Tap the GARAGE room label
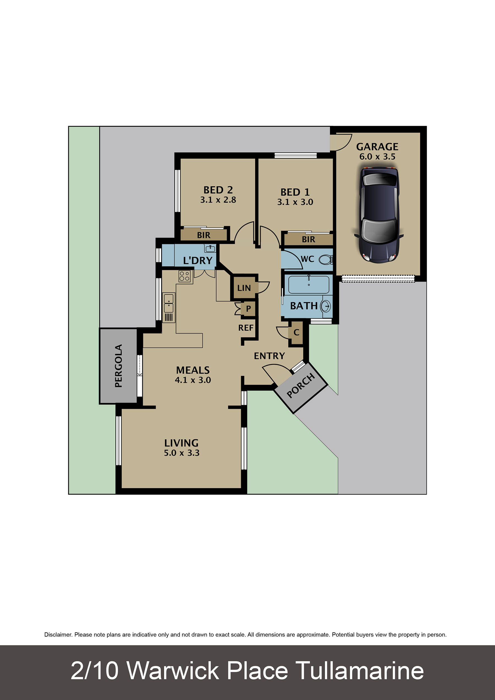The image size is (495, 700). pyautogui.click(x=377, y=147)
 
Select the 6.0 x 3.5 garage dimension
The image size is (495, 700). pyautogui.click(x=377, y=157)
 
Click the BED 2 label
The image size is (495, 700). pyautogui.click(x=218, y=190)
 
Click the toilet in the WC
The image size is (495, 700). pyautogui.click(x=326, y=260)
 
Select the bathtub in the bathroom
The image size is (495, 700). pyautogui.click(x=309, y=285)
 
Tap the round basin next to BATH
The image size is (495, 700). pyautogui.click(x=326, y=306)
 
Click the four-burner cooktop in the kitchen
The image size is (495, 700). pyautogui.click(x=185, y=276)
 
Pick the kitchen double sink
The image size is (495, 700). pyautogui.click(x=169, y=303)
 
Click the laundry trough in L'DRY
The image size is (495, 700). pyautogui.click(x=210, y=249)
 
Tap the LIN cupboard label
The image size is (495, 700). pyautogui.click(x=244, y=288)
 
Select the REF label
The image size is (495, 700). pyautogui.click(x=246, y=328)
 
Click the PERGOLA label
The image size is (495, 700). pyautogui.click(x=118, y=366)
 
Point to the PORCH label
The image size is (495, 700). pyautogui.click(x=301, y=386)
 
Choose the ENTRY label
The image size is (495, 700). pyautogui.click(x=269, y=356)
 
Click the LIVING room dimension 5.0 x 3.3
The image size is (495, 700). pyautogui.click(x=182, y=453)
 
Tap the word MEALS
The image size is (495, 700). pyautogui.click(x=193, y=370)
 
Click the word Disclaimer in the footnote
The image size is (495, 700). pyautogui.click(x=58, y=635)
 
